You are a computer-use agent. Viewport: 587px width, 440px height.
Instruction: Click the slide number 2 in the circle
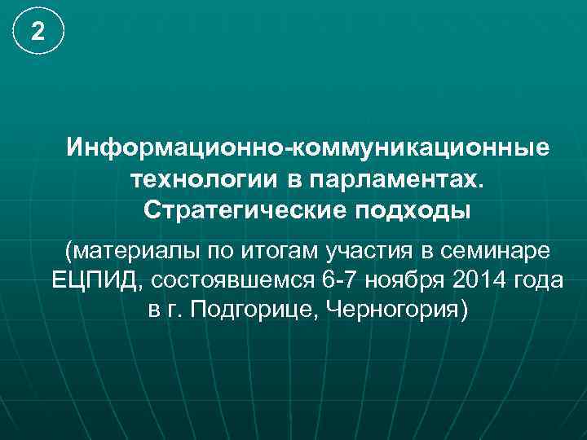[38, 32]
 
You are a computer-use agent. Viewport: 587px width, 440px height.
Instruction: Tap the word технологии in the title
[188, 178]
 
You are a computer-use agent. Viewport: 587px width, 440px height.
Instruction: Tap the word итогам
[260, 249]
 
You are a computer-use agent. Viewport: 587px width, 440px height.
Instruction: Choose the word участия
[353, 249]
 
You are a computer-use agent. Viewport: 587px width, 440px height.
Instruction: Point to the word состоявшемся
[233, 279]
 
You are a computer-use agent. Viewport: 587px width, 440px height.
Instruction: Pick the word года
[539, 279]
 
